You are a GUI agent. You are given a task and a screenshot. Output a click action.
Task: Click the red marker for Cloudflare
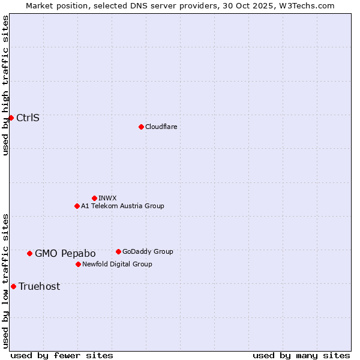(x=141, y=127)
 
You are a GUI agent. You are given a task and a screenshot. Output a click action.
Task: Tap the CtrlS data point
(x=11, y=118)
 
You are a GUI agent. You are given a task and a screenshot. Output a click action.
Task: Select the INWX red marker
(x=94, y=198)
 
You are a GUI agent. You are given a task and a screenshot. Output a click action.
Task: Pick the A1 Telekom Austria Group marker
(x=77, y=206)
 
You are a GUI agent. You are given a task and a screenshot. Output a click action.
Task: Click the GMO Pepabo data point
(x=29, y=253)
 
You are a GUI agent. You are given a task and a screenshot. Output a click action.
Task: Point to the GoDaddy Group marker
(x=118, y=251)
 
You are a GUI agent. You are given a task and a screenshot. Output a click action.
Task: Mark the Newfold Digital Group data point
(x=78, y=264)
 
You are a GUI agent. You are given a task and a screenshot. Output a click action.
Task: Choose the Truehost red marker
(x=13, y=286)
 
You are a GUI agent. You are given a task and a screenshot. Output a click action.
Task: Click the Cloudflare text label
(x=161, y=127)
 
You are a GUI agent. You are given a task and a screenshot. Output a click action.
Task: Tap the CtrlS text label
(x=28, y=118)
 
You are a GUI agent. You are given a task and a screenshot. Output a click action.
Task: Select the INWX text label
(x=107, y=198)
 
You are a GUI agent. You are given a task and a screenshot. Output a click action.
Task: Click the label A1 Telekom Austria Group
(x=122, y=206)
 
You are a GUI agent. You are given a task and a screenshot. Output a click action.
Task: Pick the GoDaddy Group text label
(x=148, y=251)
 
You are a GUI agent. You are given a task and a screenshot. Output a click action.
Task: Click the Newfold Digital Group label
(x=117, y=264)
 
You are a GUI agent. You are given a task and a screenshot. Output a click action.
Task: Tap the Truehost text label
(x=39, y=286)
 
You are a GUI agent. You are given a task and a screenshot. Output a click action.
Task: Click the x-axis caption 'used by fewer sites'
(x=62, y=355)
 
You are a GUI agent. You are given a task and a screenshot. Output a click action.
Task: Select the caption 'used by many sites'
(x=301, y=355)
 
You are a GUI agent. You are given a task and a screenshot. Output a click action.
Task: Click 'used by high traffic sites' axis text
(x=5, y=85)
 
